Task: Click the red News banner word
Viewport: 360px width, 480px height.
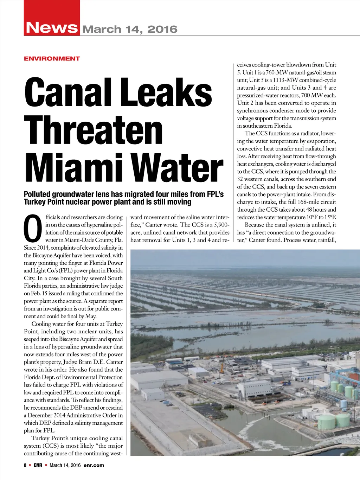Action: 52,27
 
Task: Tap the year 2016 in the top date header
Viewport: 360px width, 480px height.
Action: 162,29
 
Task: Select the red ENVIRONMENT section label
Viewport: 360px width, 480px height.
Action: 52,59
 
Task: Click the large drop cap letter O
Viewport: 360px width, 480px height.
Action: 32,229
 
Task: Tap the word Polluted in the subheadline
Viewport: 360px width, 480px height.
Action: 37,194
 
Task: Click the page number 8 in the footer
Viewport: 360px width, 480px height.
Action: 25,465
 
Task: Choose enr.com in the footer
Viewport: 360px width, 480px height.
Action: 94,465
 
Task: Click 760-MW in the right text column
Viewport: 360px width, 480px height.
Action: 277,72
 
